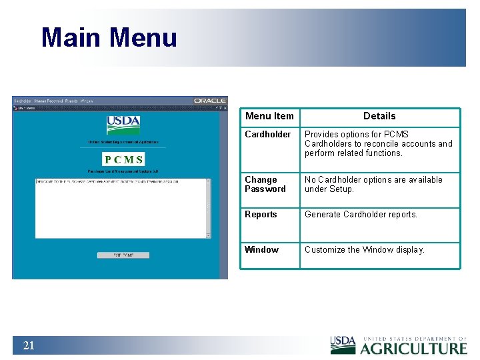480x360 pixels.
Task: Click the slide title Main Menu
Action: [109, 37]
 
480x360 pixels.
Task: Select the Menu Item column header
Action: [269, 116]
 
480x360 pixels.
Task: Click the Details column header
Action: [379, 116]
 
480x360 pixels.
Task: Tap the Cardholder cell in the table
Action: [267, 135]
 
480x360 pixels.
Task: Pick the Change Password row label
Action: [265, 185]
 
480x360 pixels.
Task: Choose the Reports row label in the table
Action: [261, 215]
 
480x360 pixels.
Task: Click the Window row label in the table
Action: [261, 250]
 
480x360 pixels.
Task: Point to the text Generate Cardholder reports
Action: [361, 215]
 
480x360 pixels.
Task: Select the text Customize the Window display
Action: [364, 250]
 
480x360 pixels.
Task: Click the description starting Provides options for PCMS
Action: [378, 143]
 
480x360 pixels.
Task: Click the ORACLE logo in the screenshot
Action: [210, 101]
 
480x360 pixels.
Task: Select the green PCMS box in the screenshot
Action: [123, 159]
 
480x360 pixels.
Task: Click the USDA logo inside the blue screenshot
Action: [123, 125]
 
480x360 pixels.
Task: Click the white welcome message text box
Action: [123, 208]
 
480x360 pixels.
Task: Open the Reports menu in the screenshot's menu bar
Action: [71, 101]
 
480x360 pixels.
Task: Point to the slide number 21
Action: [29, 345]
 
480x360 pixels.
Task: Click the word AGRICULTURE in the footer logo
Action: [413, 349]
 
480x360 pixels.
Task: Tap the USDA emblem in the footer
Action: [343, 345]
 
